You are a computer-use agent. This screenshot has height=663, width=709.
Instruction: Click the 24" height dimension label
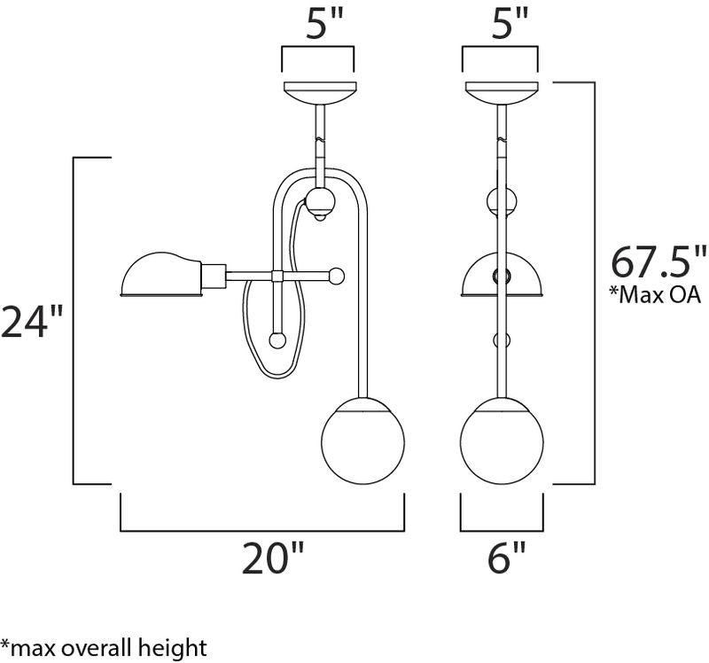[31, 322]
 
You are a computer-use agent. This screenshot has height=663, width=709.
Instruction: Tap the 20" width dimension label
[274, 558]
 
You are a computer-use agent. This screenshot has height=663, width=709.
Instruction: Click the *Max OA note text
[655, 295]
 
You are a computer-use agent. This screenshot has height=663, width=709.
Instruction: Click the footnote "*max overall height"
[104, 648]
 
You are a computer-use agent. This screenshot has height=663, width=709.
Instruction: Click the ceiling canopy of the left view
[320, 93]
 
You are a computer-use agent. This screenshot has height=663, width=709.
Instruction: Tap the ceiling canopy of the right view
[502, 93]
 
